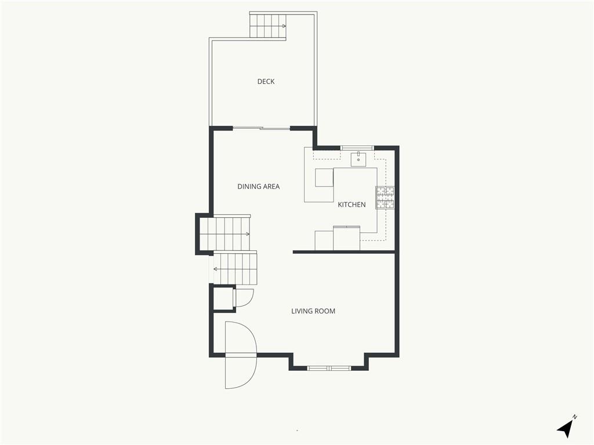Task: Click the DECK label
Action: (266, 81)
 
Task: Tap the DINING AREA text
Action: (258, 186)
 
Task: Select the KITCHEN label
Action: (352, 205)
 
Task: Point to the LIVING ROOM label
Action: (313, 311)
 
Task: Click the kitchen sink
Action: (358, 159)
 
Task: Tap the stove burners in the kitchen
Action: (385, 198)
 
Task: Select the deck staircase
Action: (267, 25)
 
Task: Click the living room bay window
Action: (329, 368)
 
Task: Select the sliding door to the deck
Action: (262, 128)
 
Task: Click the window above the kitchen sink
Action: (357, 148)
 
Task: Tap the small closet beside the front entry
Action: (223, 298)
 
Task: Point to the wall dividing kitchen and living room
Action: (344, 252)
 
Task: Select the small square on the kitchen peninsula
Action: (324, 178)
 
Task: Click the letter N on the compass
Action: (575, 417)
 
